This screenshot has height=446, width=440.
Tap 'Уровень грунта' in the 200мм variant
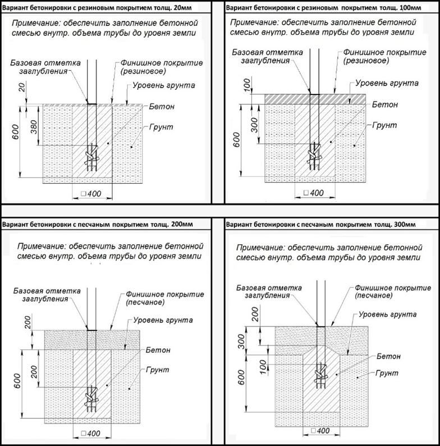tap(163, 320)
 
